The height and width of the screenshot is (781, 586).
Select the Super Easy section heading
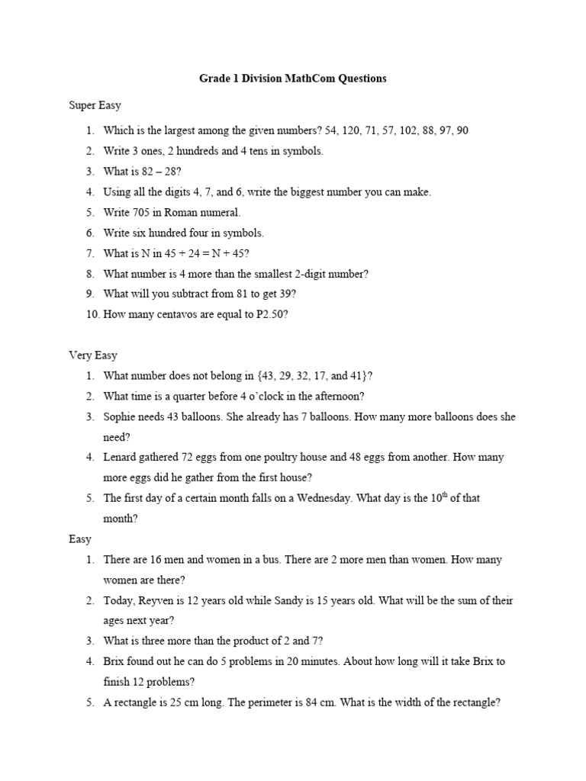coord(95,104)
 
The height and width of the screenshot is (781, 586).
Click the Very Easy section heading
coord(93,355)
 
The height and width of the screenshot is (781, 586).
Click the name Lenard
coord(121,458)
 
